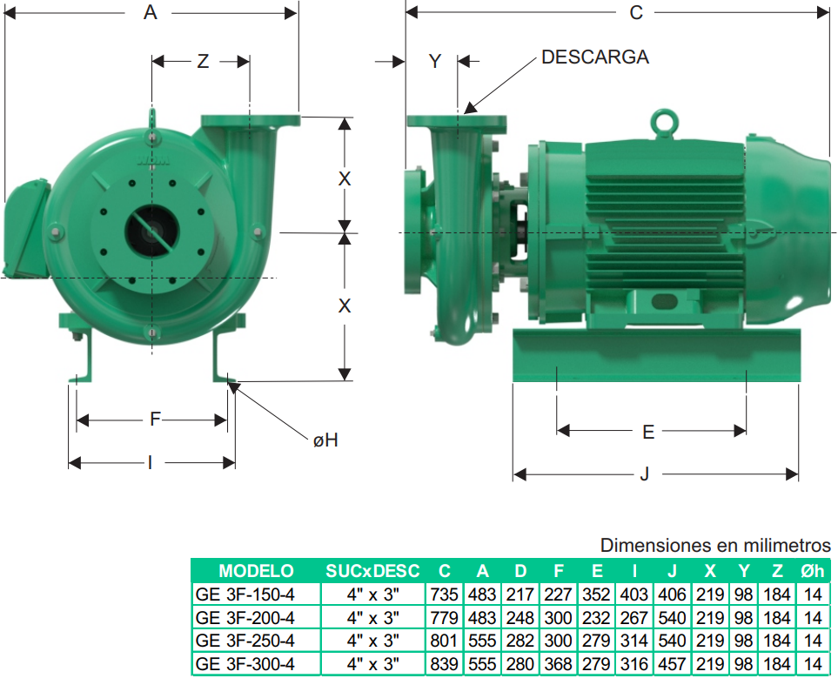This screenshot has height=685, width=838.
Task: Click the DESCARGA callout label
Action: [x=595, y=57]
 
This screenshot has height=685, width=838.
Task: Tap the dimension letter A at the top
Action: [x=151, y=12]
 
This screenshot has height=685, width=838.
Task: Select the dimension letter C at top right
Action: [x=636, y=12]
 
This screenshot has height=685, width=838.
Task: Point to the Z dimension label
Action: [x=203, y=62]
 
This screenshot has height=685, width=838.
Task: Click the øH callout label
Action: [x=325, y=440]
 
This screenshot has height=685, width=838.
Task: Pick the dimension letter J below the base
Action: [x=645, y=473]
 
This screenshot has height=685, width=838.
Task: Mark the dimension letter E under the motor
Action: [x=648, y=432]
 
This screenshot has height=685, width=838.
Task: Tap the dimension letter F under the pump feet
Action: [x=155, y=419]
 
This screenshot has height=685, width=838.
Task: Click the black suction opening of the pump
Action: [x=152, y=232]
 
